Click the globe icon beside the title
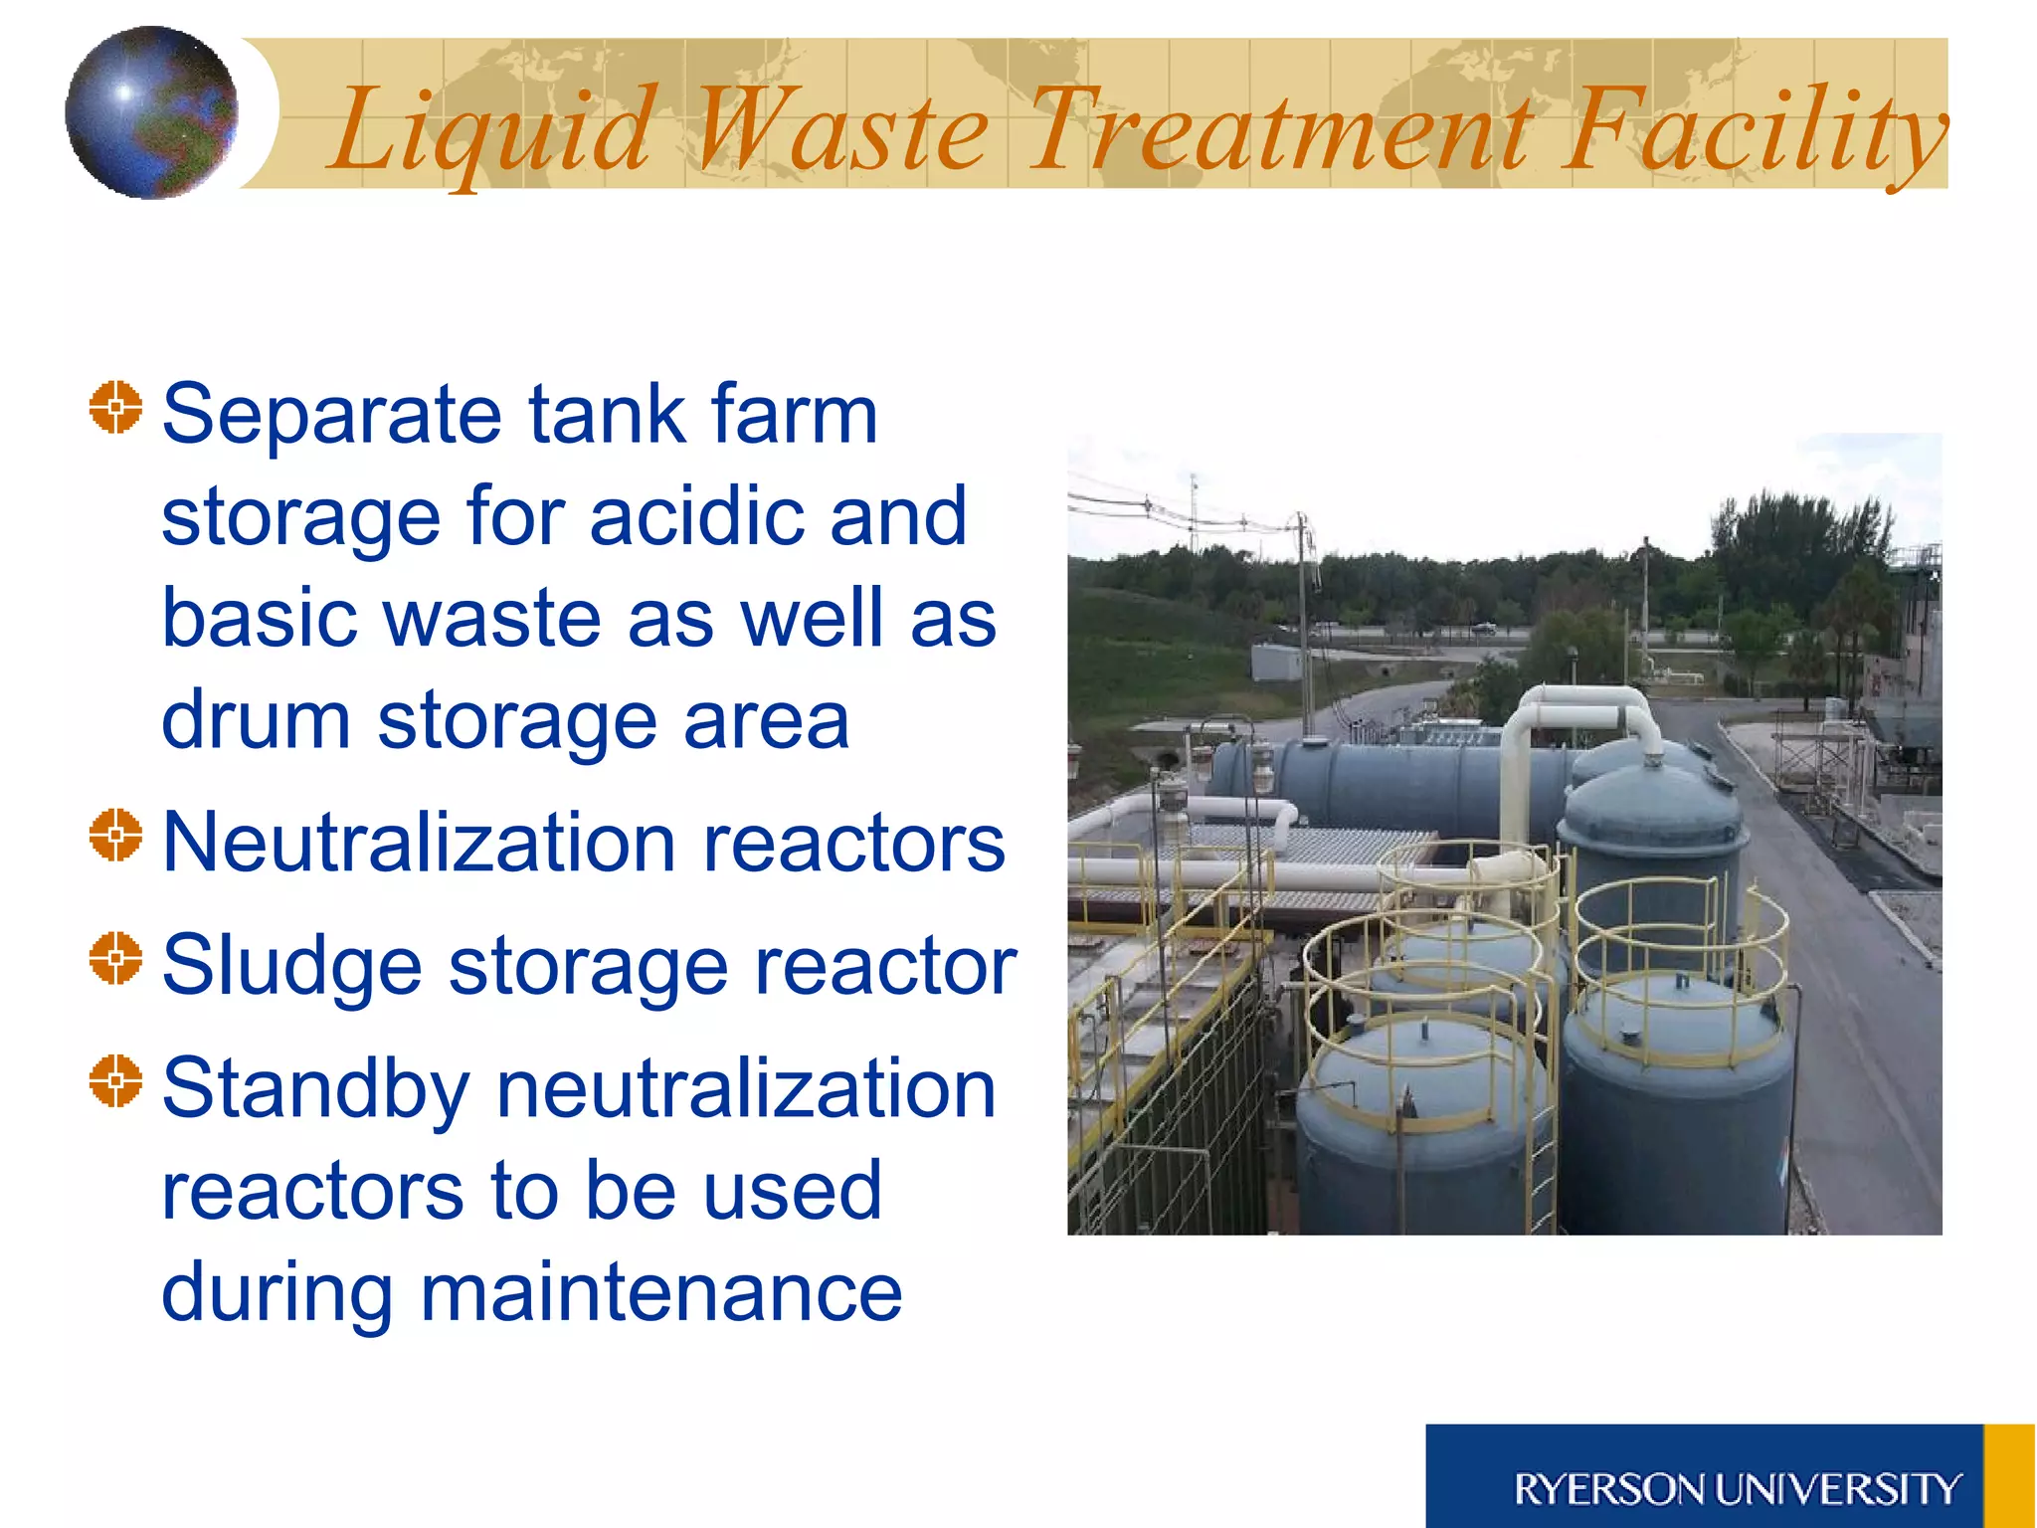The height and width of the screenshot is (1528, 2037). pyautogui.click(x=151, y=112)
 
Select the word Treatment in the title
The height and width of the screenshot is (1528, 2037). pyautogui.click(x=1279, y=130)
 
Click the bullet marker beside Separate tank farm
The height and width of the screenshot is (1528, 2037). pyautogui.click(x=115, y=407)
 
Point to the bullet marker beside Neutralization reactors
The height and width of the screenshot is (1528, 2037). pyautogui.click(x=115, y=835)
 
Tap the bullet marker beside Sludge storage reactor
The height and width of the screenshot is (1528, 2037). pyautogui.click(x=115, y=958)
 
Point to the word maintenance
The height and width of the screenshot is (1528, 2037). pyautogui.click(x=660, y=1293)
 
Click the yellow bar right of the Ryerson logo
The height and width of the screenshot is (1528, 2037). pyautogui.click(x=2009, y=1476)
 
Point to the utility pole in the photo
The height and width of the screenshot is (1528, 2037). pyautogui.click(x=1303, y=617)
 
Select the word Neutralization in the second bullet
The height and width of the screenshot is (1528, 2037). pyautogui.click(x=419, y=844)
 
